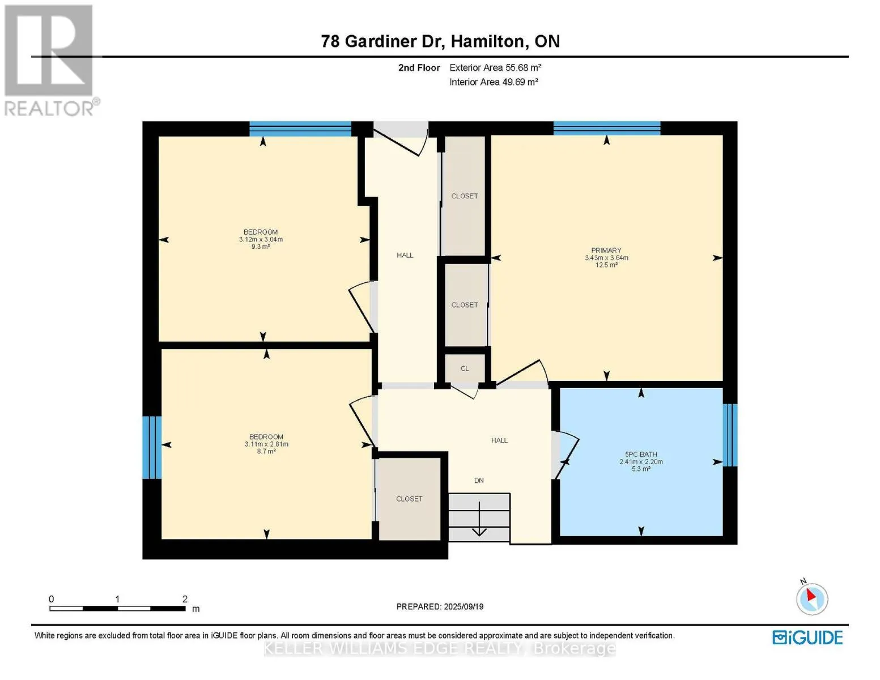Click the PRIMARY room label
(606, 250)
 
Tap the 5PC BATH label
(641, 454)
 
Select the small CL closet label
(465, 368)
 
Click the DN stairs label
(479, 481)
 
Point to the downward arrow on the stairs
(479, 519)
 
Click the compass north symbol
(811, 598)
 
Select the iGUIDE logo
(807, 637)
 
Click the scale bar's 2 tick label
(185, 598)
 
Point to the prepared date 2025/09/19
(464, 606)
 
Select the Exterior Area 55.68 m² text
(495, 67)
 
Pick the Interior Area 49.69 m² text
(494, 82)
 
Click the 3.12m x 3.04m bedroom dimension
(261, 239)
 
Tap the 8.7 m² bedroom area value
(266, 451)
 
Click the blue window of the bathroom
(730, 435)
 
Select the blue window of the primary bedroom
(607, 128)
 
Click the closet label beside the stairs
(409, 499)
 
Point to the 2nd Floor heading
(419, 67)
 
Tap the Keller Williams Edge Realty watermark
(439, 649)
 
